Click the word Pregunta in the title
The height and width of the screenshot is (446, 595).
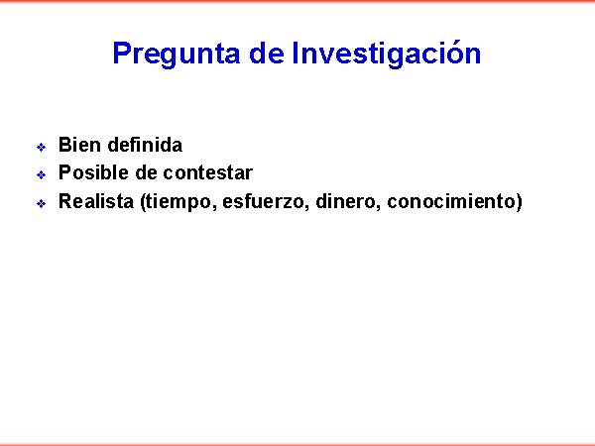[177, 55]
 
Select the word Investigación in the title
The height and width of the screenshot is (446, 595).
[387, 55]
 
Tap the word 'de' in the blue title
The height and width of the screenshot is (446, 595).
[267, 54]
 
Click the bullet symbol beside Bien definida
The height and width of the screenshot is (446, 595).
[41, 147]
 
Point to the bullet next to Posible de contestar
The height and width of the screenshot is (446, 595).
[41, 174]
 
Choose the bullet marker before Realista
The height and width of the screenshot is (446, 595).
[41, 203]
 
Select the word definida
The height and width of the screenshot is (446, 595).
[145, 145]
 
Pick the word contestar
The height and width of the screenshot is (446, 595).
[208, 172]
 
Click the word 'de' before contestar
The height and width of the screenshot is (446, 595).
[146, 172]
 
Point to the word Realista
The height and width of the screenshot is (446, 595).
[96, 201]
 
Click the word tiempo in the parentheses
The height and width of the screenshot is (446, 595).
[178, 202]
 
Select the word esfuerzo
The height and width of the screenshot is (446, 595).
[263, 201]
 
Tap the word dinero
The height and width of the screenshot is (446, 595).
[346, 201]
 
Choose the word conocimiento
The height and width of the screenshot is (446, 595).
[451, 201]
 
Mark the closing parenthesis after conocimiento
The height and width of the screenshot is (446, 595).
[519, 202]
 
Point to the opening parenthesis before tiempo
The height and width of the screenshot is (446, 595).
[143, 202]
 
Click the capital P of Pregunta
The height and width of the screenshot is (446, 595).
[122, 54]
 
